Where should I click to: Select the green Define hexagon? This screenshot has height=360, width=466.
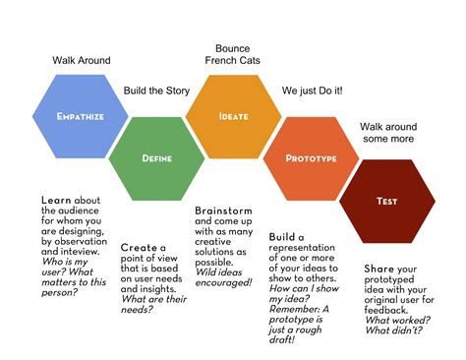click(x=157, y=156)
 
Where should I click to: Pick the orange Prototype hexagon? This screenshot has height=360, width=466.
click(x=311, y=157)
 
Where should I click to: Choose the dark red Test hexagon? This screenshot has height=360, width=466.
click(x=386, y=201)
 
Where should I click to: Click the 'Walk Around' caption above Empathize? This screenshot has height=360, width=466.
click(x=82, y=60)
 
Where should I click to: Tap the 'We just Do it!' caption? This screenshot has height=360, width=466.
click(x=314, y=90)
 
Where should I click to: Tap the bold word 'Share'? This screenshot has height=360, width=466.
click(x=379, y=269)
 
